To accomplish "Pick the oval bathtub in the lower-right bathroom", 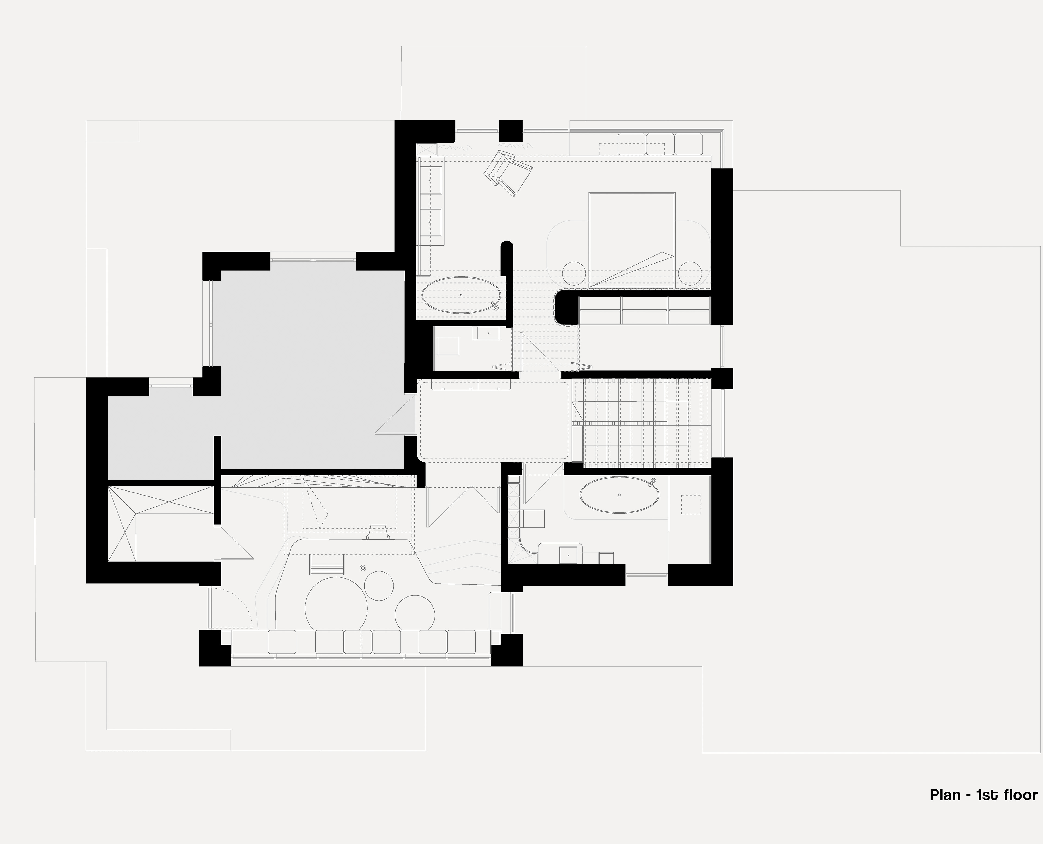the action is (x=619, y=495).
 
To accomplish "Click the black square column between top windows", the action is (x=511, y=131).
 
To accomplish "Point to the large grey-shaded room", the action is (x=311, y=370).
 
